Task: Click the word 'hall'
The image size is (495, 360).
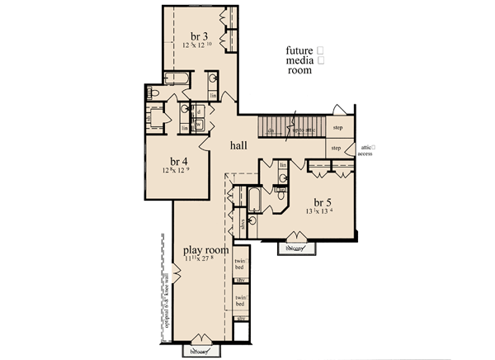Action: click(x=238, y=145)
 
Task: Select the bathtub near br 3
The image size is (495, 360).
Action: click(x=175, y=79)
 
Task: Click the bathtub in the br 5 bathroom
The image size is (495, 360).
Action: click(x=253, y=200)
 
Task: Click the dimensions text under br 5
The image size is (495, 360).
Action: click(x=323, y=211)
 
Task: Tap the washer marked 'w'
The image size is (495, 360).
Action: click(x=199, y=125)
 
